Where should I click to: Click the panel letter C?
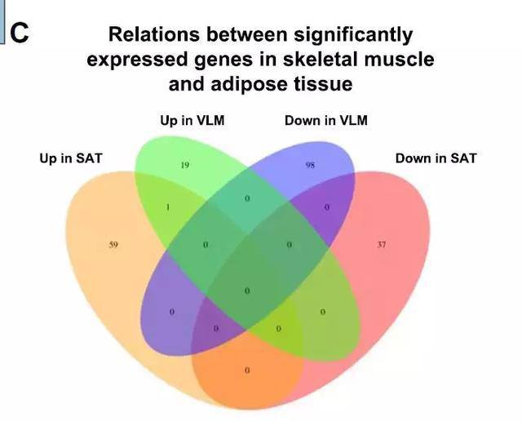point(20,33)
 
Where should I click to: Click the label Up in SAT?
point(71,158)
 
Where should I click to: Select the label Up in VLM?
point(192,121)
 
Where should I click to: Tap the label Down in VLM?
point(326,121)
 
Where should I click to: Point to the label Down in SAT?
point(436,158)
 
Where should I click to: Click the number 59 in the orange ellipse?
point(113,244)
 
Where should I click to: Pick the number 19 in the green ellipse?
point(185,165)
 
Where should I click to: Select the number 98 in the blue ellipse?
point(310,165)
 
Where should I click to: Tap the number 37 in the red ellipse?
point(381,244)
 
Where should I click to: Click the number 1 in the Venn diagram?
point(167,207)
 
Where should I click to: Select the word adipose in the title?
point(246,83)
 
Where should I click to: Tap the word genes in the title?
point(216,60)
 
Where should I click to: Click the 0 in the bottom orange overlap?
point(247,371)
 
